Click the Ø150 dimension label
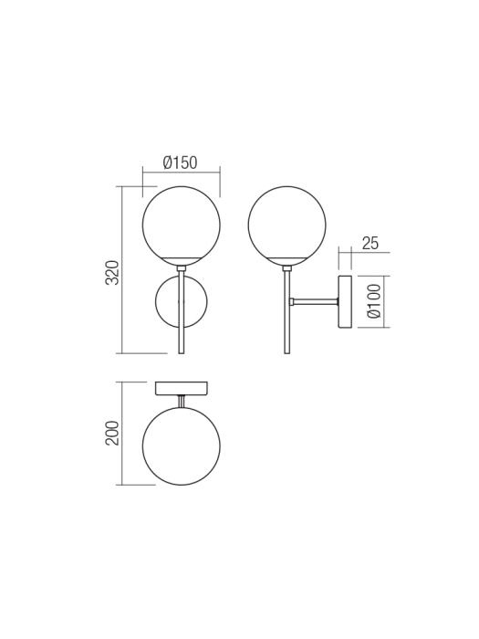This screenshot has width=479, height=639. coord(181,162)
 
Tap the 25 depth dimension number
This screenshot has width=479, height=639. coord(370,243)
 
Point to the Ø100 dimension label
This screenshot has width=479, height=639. coord(372,301)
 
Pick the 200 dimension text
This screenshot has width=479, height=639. coord(112,433)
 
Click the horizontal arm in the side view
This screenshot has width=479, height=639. coord(315,301)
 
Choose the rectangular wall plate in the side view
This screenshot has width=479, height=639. coord(346,301)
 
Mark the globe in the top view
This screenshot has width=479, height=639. coord(181,446)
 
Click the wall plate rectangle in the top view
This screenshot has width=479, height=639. coord(181,388)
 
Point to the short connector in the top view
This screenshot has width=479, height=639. coord(181,402)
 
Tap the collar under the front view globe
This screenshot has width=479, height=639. coord(181,267)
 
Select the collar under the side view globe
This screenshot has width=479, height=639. coord(286,267)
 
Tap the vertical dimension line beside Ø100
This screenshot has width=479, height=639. coord(385,301)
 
